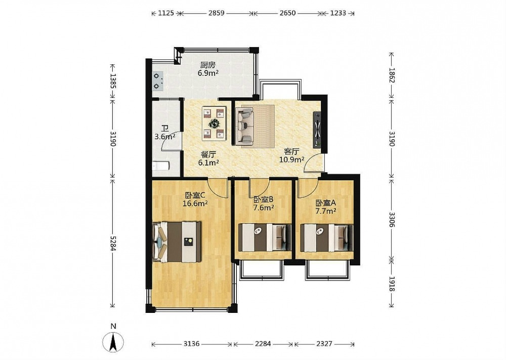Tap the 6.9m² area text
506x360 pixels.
click(208, 73)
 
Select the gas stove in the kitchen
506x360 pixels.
click(158, 81)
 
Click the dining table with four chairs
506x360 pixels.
click(214, 124)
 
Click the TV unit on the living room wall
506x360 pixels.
click(317, 130)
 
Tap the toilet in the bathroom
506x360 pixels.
click(160, 166)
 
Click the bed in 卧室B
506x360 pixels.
click(265, 237)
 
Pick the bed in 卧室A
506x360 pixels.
click(326, 237)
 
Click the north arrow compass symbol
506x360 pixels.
click(113, 342)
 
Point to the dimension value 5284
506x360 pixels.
click(113, 242)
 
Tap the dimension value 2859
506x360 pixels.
click(216, 13)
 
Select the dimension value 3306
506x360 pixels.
click(392, 220)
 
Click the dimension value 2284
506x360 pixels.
click(263, 344)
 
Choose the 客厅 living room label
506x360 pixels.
click(292, 151)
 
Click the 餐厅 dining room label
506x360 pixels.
click(208, 154)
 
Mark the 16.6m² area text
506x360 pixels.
click(195, 204)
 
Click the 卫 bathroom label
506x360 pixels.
click(164, 129)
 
